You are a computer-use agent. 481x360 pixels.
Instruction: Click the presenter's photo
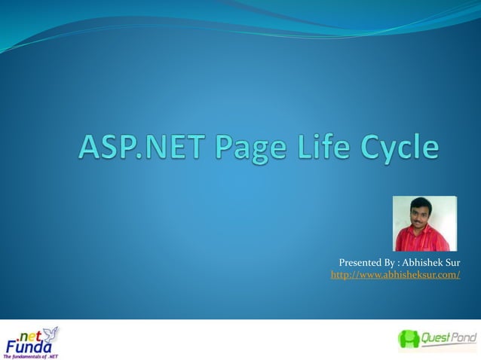pos(424,223)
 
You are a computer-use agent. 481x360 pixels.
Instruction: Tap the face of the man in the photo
pos(421,211)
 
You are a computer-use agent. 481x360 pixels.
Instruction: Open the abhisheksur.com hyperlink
pos(395,276)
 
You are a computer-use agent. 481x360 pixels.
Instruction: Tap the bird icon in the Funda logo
pos(51,333)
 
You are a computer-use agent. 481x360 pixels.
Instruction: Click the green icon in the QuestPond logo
pos(409,340)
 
